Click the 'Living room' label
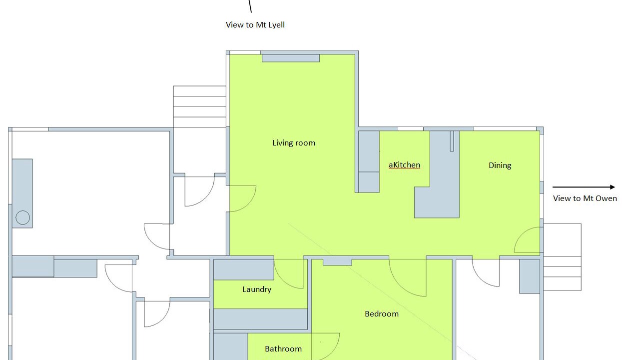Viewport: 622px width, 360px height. (293, 143)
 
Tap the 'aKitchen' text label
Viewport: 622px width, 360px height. (404, 165)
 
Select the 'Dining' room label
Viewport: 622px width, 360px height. (500, 165)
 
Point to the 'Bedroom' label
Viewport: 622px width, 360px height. (382, 314)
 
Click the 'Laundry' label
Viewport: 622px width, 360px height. (257, 289)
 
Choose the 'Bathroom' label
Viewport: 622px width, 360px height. (283, 349)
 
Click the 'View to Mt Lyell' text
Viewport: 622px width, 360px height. (255, 25)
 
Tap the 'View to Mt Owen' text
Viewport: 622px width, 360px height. (585, 198)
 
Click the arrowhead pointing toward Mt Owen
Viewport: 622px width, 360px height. (613, 187)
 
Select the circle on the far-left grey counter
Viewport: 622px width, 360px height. (23, 217)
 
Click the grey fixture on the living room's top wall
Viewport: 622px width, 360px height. (291, 58)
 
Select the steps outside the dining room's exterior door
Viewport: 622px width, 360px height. (563, 257)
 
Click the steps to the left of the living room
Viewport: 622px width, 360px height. (199, 106)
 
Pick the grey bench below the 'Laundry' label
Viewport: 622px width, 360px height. (260, 319)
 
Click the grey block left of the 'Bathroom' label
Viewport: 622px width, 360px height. (230, 346)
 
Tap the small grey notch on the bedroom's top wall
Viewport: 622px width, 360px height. (337, 262)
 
